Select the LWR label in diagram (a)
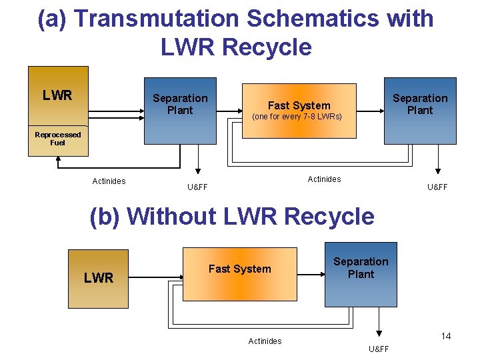(57, 95)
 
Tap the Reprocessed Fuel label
(58, 138)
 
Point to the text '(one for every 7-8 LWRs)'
(297, 117)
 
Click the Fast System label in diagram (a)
(299, 105)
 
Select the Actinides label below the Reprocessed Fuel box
(109, 181)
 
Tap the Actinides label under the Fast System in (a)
(324, 179)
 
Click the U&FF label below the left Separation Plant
(197, 187)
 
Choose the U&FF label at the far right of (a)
(437, 187)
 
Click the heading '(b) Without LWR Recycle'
(232, 217)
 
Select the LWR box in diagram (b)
(99, 278)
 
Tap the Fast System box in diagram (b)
(239, 275)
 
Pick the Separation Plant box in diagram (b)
(361, 274)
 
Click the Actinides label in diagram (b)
(265, 341)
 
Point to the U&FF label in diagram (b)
(378, 349)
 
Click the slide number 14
(445, 336)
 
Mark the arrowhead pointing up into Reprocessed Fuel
(59, 160)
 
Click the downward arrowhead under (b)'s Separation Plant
(379, 333)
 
